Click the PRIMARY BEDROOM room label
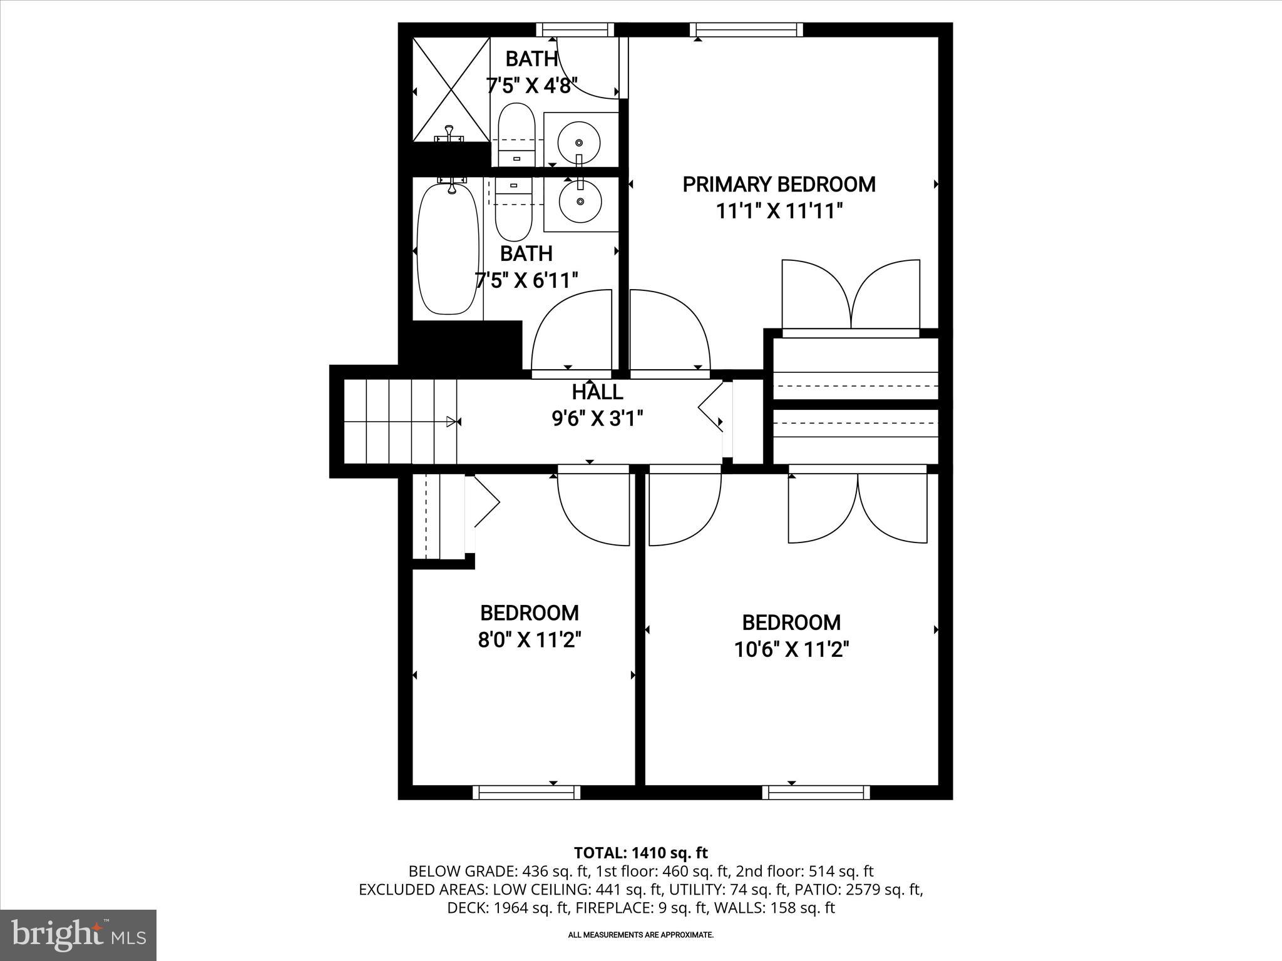(x=779, y=185)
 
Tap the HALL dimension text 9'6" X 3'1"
(x=597, y=419)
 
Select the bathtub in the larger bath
(x=448, y=248)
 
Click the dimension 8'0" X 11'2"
(x=530, y=640)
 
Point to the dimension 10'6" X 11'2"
(x=791, y=650)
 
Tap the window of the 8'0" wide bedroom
(x=526, y=792)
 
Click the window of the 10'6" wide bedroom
(x=816, y=792)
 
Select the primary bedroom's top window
(x=746, y=29)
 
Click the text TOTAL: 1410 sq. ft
(x=640, y=853)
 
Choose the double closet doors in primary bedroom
(x=851, y=295)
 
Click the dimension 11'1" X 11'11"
(x=779, y=211)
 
